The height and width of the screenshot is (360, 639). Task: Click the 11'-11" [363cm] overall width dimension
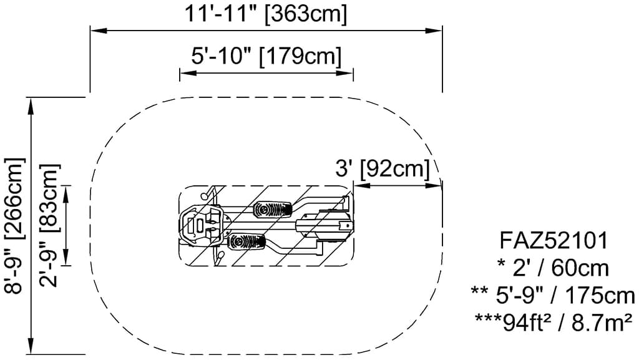266,14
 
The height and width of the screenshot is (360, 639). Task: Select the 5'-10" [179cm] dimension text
266,56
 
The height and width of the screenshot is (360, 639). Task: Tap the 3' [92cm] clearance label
383,168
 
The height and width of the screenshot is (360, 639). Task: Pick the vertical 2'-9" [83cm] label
51,226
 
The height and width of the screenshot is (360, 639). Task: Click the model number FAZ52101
554,241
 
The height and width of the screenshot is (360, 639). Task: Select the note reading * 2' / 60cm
553,268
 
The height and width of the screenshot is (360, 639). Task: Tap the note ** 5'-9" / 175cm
553,295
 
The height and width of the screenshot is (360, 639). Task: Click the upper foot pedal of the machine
272,209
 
